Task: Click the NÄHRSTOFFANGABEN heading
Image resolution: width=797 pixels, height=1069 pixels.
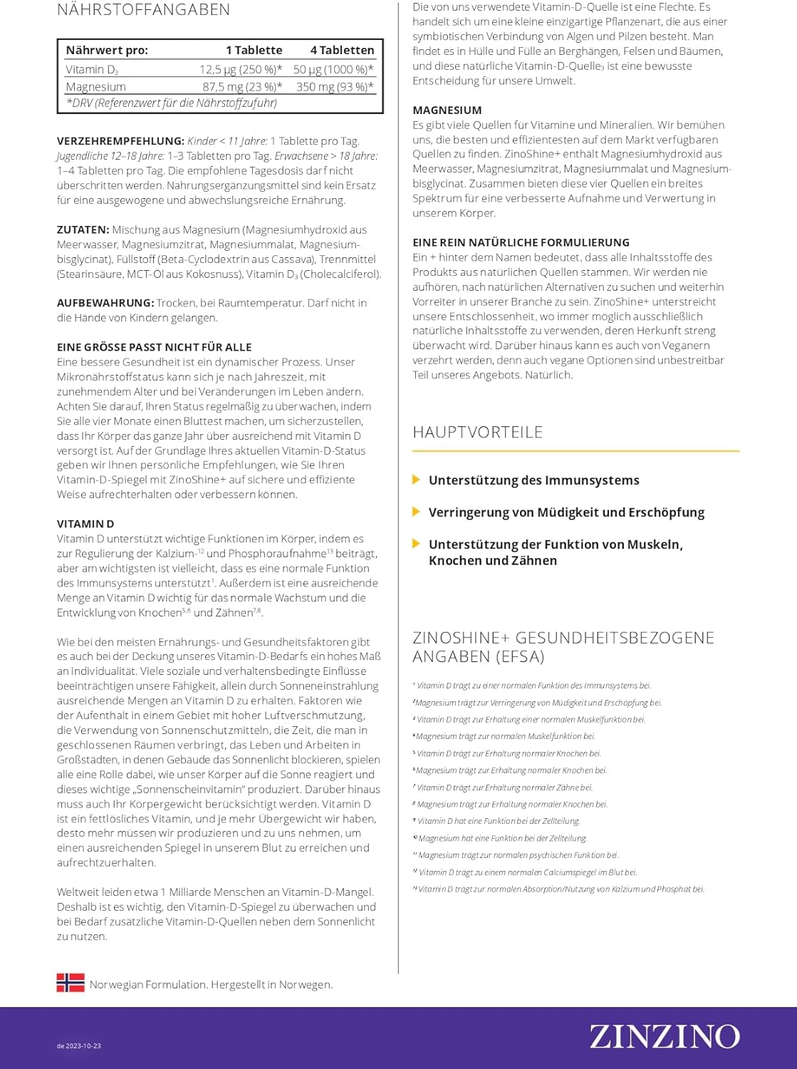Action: (143, 10)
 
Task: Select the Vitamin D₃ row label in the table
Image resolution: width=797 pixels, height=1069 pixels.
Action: (92, 69)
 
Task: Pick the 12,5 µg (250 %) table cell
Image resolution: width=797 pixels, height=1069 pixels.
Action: (241, 69)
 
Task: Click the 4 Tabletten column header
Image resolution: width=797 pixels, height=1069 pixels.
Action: (342, 50)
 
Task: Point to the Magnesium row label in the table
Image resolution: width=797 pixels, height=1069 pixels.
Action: (95, 86)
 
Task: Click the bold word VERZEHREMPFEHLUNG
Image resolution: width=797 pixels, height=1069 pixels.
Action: (120, 141)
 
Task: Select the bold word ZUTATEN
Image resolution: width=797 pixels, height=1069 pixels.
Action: (83, 229)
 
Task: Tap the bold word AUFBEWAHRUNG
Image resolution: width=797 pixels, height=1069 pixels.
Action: (105, 303)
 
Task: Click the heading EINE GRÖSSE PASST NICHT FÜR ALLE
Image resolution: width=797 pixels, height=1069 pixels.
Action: (154, 347)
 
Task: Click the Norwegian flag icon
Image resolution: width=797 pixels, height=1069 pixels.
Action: (71, 983)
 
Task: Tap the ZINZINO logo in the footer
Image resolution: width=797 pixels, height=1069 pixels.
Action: (665, 1037)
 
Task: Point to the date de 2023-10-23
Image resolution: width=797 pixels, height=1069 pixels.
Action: (79, 1046)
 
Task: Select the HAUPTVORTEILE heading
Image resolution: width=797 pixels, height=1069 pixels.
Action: (477, 432)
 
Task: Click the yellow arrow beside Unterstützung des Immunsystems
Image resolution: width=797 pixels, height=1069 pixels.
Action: (417, 480)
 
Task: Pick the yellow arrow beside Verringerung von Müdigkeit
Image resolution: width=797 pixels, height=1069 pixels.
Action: (417, 512)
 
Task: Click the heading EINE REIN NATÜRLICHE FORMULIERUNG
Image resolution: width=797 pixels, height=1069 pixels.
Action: (521, 242)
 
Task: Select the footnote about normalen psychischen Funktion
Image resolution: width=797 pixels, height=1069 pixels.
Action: (517, 855)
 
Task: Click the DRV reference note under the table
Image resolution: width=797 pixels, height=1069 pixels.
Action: (172, 103)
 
